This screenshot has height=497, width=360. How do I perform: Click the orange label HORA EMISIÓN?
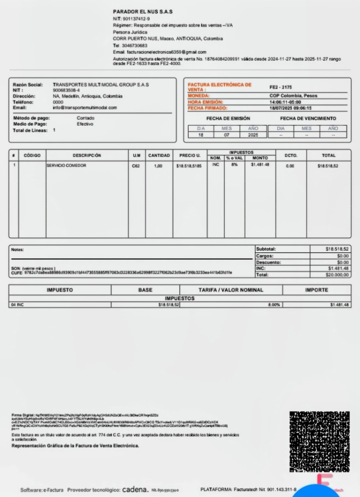point(205,102)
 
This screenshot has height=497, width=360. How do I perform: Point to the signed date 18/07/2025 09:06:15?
point(290,107)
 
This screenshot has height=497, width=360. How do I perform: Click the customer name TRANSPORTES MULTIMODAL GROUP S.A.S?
point(100,85)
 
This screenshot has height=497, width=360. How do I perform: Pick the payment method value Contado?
point(85,118)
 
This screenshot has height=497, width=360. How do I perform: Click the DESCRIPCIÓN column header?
point(86,155)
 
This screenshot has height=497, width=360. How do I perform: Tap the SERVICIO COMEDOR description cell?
point(66,165)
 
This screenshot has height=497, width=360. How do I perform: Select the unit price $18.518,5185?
point(189,165)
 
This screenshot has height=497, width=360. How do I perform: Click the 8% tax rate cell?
point(234,164)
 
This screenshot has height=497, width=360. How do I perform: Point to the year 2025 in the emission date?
point(253,135)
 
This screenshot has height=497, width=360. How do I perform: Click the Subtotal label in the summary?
point(266,249)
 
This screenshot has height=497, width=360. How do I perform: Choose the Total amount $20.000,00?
point(337,275)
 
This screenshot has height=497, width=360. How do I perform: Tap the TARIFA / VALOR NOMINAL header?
point(230,290)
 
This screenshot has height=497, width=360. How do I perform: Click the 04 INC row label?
point(17,304)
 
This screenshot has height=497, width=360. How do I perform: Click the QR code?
point(319,441)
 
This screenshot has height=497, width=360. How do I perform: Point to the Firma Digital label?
point(22,415)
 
